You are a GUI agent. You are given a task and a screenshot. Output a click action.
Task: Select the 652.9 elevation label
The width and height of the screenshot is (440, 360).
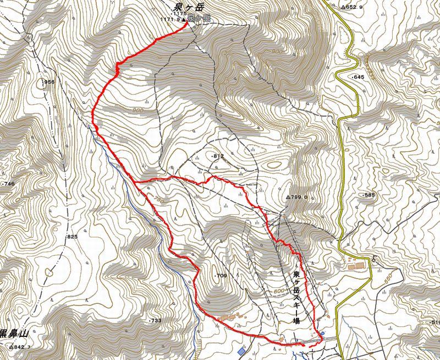click(353, 8)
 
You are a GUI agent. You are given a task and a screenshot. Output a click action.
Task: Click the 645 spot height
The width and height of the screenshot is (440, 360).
click(358, 77)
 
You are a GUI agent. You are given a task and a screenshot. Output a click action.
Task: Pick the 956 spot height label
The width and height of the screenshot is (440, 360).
click(49, 82)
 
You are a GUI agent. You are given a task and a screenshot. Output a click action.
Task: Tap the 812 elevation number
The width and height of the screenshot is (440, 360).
click(218, 156)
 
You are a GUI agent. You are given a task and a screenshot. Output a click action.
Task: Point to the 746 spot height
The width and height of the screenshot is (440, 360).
click(8, 183)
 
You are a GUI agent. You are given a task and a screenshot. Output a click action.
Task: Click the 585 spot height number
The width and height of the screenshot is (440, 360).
click(368, 195)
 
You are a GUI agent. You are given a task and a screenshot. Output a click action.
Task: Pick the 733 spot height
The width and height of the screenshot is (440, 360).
click(155, 320)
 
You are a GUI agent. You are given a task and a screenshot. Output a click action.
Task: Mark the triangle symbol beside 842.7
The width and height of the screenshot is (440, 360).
click(11, 348)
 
